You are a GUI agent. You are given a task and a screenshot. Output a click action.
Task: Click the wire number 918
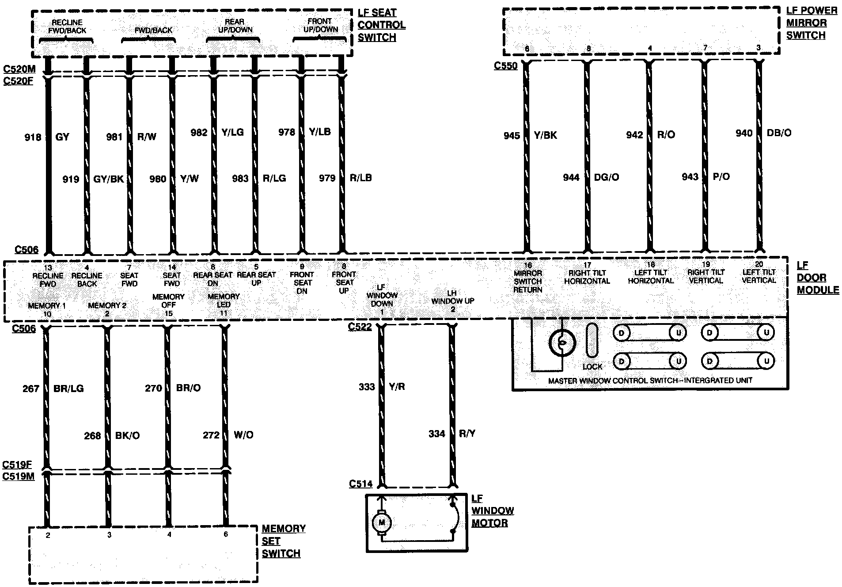pyautogui.click(x=33, y=137)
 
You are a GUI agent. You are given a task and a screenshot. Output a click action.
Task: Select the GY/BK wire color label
pyautogui.click(x=109, y=179)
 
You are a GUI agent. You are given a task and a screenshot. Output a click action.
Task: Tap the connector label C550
pyautogui.click(x=505, y=66)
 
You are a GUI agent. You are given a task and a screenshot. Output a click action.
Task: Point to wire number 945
pyautogui.click(x=512, y=136)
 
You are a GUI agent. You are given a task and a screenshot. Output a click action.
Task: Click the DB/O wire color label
pyautogui.click(x=779, y=133)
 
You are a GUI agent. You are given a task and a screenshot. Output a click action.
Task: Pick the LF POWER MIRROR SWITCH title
pyautogui.click(x=811, y=23)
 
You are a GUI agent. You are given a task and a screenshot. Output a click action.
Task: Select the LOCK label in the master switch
pyautogui.click(x=592, y=366)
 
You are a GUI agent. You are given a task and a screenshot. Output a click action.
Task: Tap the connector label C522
pyautogui.click(x=360, y=327)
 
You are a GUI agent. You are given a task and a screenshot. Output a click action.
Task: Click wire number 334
pyautogui.click(x=436, y=434)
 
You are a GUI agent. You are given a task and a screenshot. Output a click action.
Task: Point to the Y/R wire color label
pyautogui.click(x=397, y=387)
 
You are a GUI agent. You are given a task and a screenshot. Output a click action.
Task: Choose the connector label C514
pyautogui.click(x=360, y=484)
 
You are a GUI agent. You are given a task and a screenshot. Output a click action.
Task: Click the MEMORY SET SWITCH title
pyautogui.click(x=283, y=541)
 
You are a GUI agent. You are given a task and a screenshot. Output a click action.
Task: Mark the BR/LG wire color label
pyautogui.click(x=68, y=389)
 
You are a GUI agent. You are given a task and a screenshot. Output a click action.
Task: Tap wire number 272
pyautogui.click(x=211, y=435)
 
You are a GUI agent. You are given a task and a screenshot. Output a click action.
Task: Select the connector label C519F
pyautogui.click(x=17, y=465)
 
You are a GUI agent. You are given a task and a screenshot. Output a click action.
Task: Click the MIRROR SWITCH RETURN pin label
pyautogui.click(x=528, y=281)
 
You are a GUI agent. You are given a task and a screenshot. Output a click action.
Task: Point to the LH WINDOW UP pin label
pyautogui.click(x=453, y=301)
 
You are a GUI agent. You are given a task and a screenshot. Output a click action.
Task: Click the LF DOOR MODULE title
pyautogui.click(x=817, y=278)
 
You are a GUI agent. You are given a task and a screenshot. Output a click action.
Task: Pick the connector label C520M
pyautogui.click(x=18, y=69)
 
